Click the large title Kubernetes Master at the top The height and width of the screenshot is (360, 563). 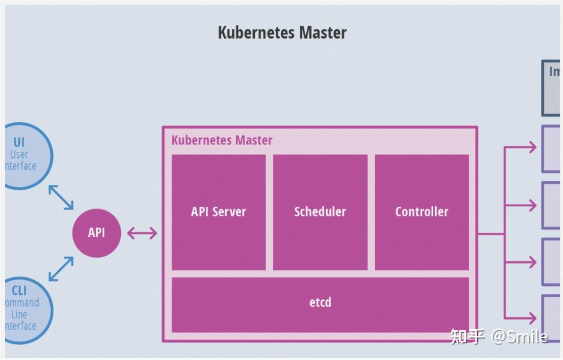tap(282, 33)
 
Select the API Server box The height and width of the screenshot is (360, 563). tap(218, 212)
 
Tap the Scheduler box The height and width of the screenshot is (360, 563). tap(320, 212)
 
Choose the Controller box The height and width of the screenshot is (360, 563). tap(421, 212)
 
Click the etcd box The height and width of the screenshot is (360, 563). tap(320, 302)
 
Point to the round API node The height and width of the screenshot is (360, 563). tap(96, 233)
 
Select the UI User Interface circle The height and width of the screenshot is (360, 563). tap(26, 156)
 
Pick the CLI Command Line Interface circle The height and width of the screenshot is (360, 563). tap(26, 309)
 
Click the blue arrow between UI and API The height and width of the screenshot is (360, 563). tap(61, 197)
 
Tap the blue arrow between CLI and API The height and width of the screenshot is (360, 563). tap(61, 269)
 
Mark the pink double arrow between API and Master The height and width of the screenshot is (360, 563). tap(142, 233)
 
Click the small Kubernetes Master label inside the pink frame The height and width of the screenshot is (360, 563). tap(222, 141)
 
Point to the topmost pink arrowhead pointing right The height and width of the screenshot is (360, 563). tap(532, 147)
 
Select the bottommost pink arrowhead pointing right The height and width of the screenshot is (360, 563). tap(532, 318)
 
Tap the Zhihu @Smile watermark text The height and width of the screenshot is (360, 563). tap(499, 336)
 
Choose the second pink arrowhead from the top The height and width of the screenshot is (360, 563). tap(532, 205)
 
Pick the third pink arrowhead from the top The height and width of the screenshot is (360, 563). tap(532, 262)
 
